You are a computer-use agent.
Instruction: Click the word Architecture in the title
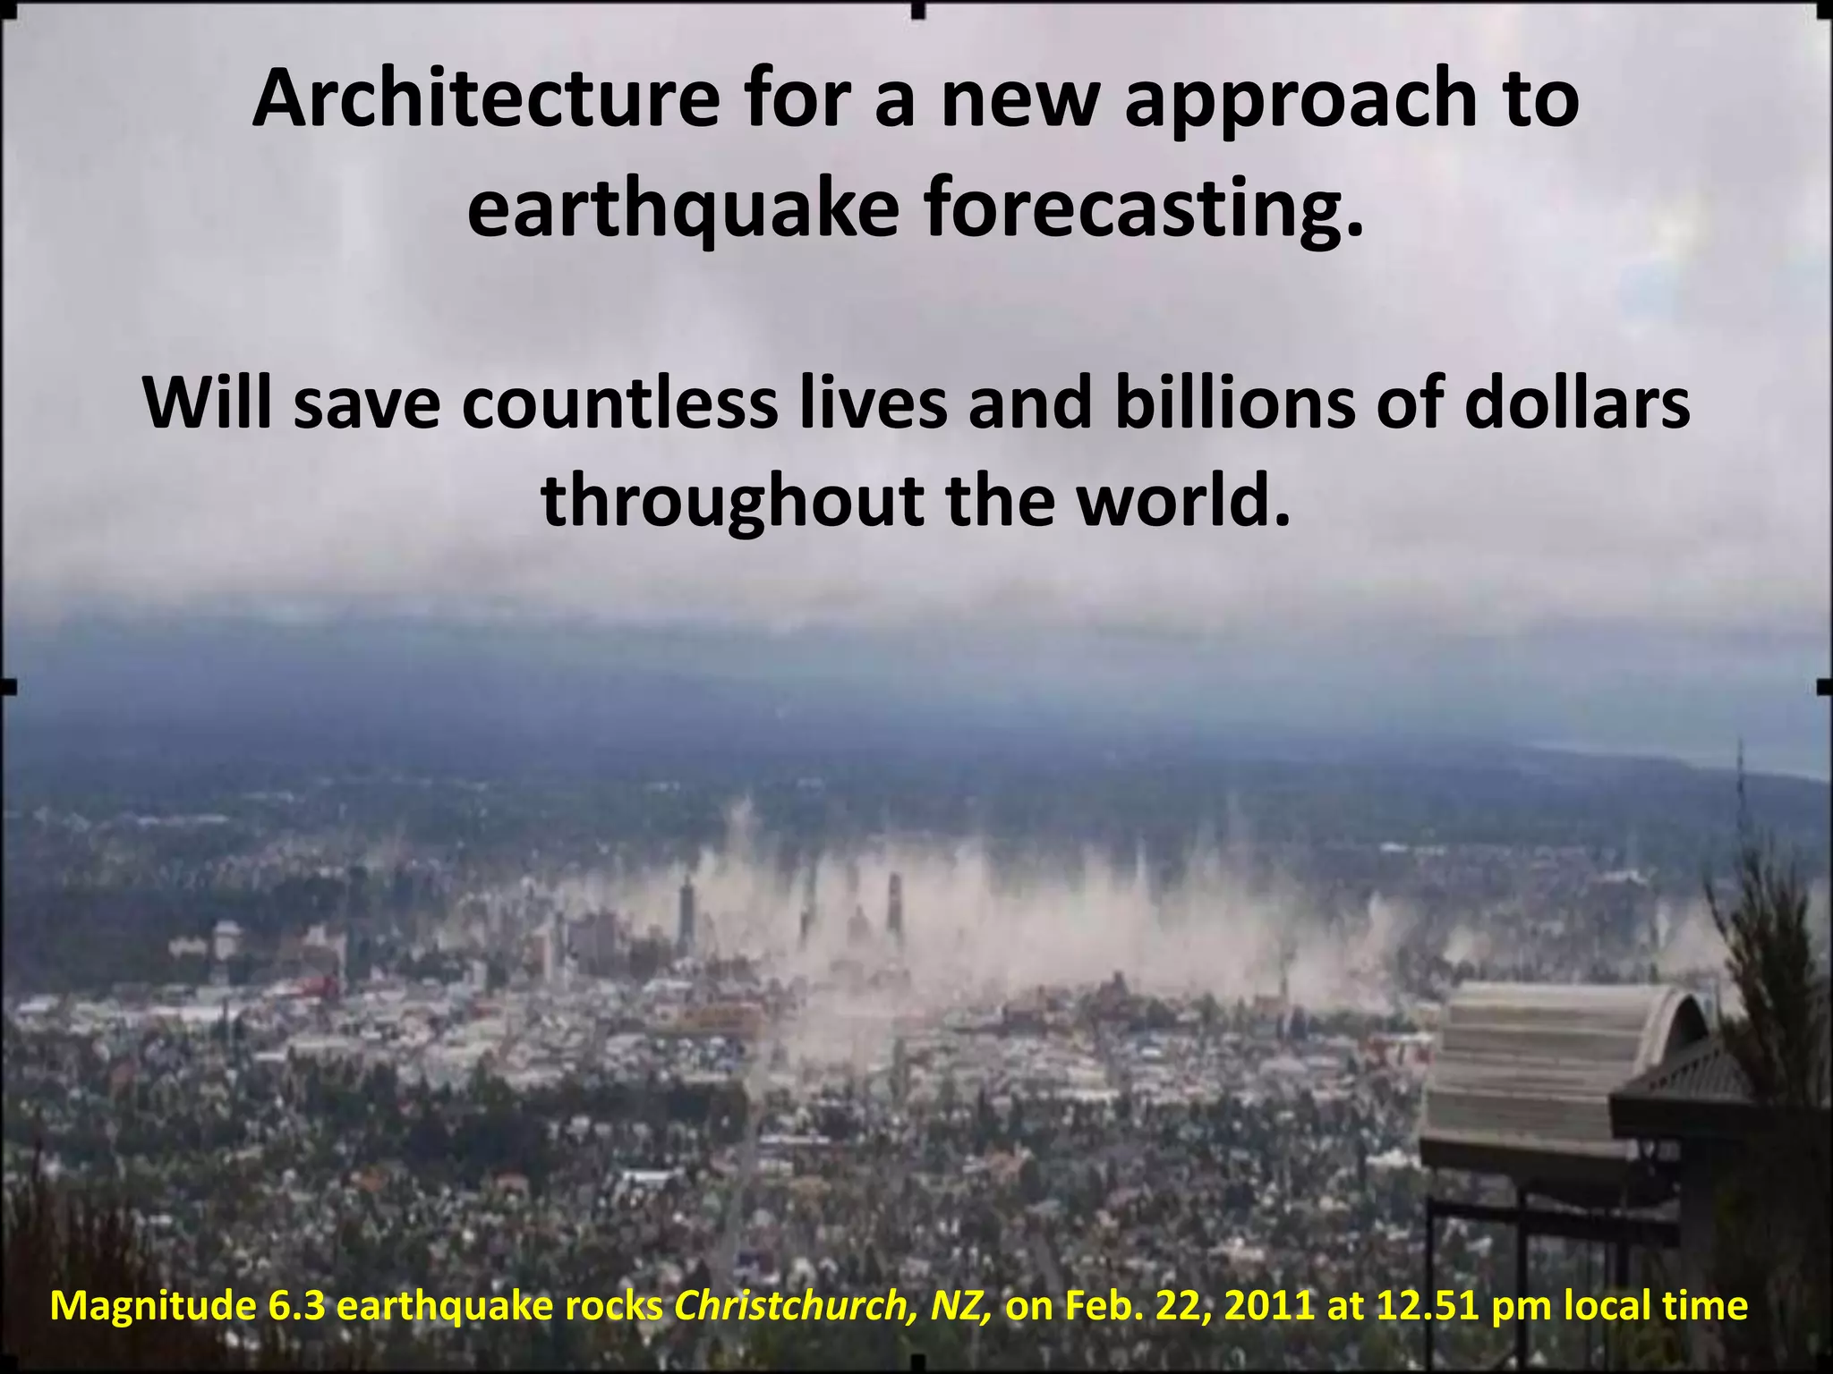pyautogui.click(x=485, y=100)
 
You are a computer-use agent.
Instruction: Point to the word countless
pyautogui.click(x=619, y=403)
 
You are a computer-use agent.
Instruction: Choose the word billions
pyautogui.click(x=1221, y=403)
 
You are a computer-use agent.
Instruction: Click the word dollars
pyautogui.click(x=1577, y=403)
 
